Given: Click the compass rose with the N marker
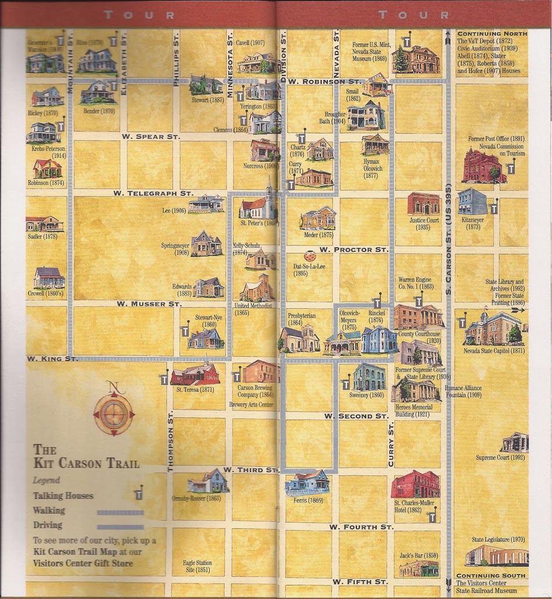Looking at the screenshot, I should click(113, 413).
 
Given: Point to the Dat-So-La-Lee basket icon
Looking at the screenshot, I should click(311, 256).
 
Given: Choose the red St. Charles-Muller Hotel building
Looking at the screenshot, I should click(415, 484).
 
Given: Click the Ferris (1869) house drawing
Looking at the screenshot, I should click(307, 483).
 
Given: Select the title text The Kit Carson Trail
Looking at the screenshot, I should click(86, 456).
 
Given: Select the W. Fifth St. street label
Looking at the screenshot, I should click(360, 582).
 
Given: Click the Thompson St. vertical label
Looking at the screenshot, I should click(171, 440).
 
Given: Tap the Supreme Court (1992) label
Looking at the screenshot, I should click(500, 457).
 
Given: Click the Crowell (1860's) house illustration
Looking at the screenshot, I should click(49, 278).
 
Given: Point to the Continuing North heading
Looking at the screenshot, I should click(492, 34).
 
